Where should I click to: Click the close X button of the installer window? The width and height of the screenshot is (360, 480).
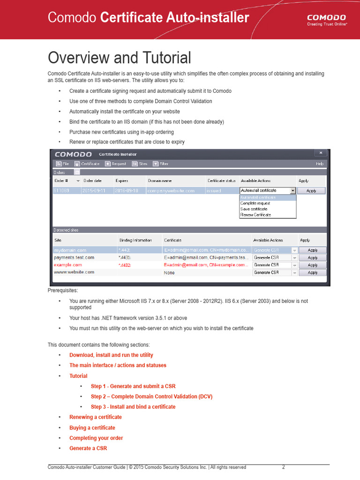coord(321,153)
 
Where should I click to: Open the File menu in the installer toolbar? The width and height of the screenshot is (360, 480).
coord(62,164)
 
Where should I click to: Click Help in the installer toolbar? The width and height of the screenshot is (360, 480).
coord(320,164)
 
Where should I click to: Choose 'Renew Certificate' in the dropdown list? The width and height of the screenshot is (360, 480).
coord(255,215)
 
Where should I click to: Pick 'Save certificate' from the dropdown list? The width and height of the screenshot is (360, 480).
coord(254,209)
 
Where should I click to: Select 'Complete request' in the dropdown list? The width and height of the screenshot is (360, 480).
coord(255,203)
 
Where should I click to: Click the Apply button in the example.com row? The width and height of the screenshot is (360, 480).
coord(313,265)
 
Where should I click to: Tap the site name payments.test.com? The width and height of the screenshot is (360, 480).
coord(74,257)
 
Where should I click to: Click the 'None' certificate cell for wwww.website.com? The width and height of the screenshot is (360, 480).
coord(170,272)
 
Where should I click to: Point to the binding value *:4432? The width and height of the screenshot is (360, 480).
coord(125,265)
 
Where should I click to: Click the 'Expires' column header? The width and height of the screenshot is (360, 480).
coord(122,180)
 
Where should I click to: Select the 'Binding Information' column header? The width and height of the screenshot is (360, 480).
coord(135,240)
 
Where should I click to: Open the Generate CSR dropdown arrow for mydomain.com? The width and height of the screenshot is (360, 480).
coord(295,250)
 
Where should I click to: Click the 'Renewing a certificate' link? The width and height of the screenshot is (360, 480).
coord(96,417)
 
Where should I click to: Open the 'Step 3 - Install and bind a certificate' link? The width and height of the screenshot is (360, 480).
coord(133,407)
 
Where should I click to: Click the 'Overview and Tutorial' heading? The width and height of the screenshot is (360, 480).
coord(120,58)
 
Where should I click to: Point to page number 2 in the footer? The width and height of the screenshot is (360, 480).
coord(284,467)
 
